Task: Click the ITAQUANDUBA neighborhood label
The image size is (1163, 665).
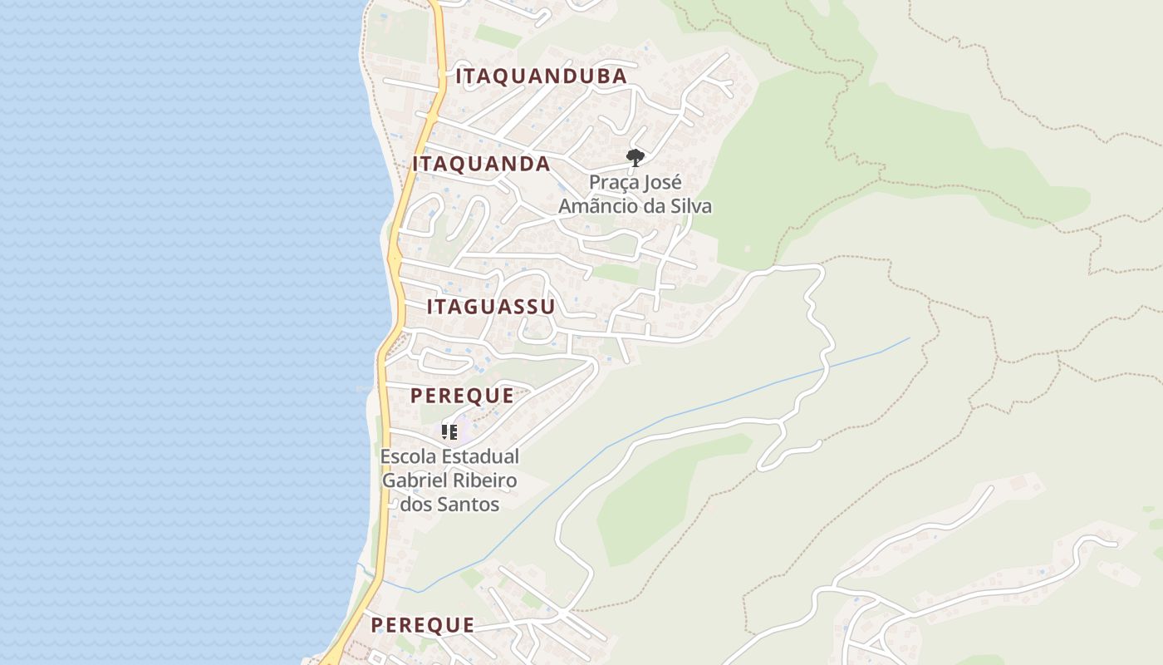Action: (x=541, y=76)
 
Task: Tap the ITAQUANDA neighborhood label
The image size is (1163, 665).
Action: (x=481, y=164)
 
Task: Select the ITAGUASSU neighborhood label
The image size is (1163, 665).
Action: (x=491, y=307)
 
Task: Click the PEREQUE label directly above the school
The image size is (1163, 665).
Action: (x=462, y=396)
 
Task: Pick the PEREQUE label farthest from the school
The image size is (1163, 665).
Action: (x=422, y=625)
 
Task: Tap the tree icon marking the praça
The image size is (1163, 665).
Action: (x=635, y=157)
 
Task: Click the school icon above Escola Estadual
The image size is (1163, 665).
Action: (x=449, y=431)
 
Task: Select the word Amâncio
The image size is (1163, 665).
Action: (x=596, y=206)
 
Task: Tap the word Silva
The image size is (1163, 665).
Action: (x=688, y=206)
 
